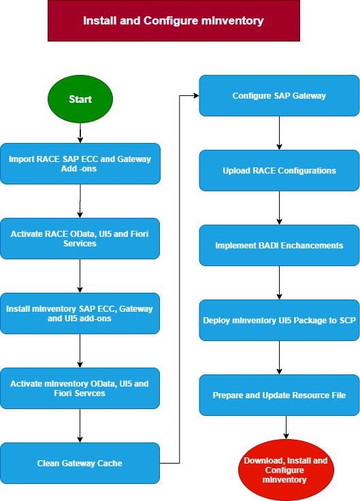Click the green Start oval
tap(80, 99)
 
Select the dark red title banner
tap(174, 21)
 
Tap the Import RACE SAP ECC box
tap(80, 163)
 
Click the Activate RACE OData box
tap(80, 239)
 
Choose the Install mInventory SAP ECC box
tap(80, 313)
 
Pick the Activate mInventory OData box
tap(80, 388)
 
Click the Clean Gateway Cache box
tap(80, 464)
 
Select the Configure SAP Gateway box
tap(279, 95)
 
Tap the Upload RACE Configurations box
tap(279, 171)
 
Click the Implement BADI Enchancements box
tap(279, 245)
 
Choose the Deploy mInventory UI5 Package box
tap(279, 320)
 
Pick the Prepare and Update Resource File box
tap(279, 395)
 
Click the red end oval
tap(286, 470)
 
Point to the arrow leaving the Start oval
tap(80, 133)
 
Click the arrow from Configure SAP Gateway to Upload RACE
tap(279, 133)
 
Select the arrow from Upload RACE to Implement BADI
tap(279, 208)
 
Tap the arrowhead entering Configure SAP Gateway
tap(196, 95)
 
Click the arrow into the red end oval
tap(286, 427)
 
